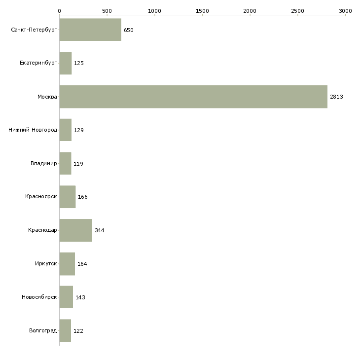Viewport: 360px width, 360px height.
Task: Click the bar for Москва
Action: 193,97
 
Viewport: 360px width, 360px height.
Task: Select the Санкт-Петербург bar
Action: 90,30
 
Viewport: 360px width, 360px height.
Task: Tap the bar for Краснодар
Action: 75,230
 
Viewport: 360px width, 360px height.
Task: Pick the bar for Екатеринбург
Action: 65,63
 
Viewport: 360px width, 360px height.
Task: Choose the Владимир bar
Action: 65,163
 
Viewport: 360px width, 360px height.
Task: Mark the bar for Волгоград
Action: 65,330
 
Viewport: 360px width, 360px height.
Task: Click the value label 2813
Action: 336,97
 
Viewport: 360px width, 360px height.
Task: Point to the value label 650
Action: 129,31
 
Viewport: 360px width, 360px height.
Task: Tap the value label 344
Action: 100,231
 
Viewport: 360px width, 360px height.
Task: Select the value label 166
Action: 83,197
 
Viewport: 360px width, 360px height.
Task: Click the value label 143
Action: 80,297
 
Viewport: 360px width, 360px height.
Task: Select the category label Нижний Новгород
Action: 33,130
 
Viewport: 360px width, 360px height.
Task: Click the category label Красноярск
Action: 41,197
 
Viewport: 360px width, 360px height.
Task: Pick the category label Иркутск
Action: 46,264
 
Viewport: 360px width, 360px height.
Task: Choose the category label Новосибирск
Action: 39,297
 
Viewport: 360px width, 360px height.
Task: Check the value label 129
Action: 79,131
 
